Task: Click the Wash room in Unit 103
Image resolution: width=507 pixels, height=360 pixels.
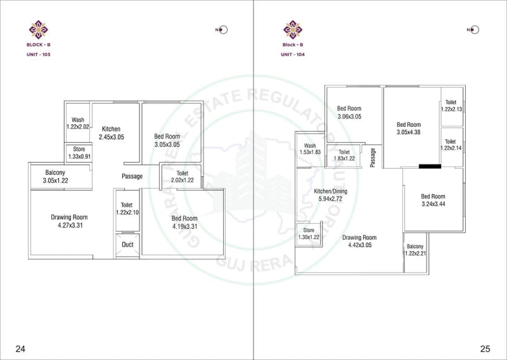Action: pyautogui.click(x=78, y=124)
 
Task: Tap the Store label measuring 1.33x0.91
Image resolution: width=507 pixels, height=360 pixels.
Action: pyautogui.click(x=79, y=153)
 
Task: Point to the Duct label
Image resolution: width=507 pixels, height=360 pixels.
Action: pyautogui.click(x=127, y=244)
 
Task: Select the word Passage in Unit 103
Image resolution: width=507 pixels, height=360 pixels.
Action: pyautogui.click(x=132, y=176)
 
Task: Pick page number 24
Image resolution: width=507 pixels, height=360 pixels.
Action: pyautogui.click(x=20, y=349)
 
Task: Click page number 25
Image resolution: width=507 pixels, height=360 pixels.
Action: pyautogui.click(x=485, y=349)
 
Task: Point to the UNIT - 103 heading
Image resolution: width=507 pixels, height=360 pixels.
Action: pyautogui.click(x=39, y=55)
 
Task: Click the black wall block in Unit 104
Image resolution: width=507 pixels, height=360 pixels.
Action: pyautogui.click(x=430, y=167)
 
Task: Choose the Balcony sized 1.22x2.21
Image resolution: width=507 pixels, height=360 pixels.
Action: pyautogui.click(x=415, y=250)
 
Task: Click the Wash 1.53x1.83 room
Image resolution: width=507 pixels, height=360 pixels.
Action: pyautogui.click(x=310, y=150)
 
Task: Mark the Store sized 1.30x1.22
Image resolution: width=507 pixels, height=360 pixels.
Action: pyautogui.click(x=309, y=234)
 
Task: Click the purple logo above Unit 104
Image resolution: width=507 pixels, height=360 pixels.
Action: pyautogui.click(x=292, y=30)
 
